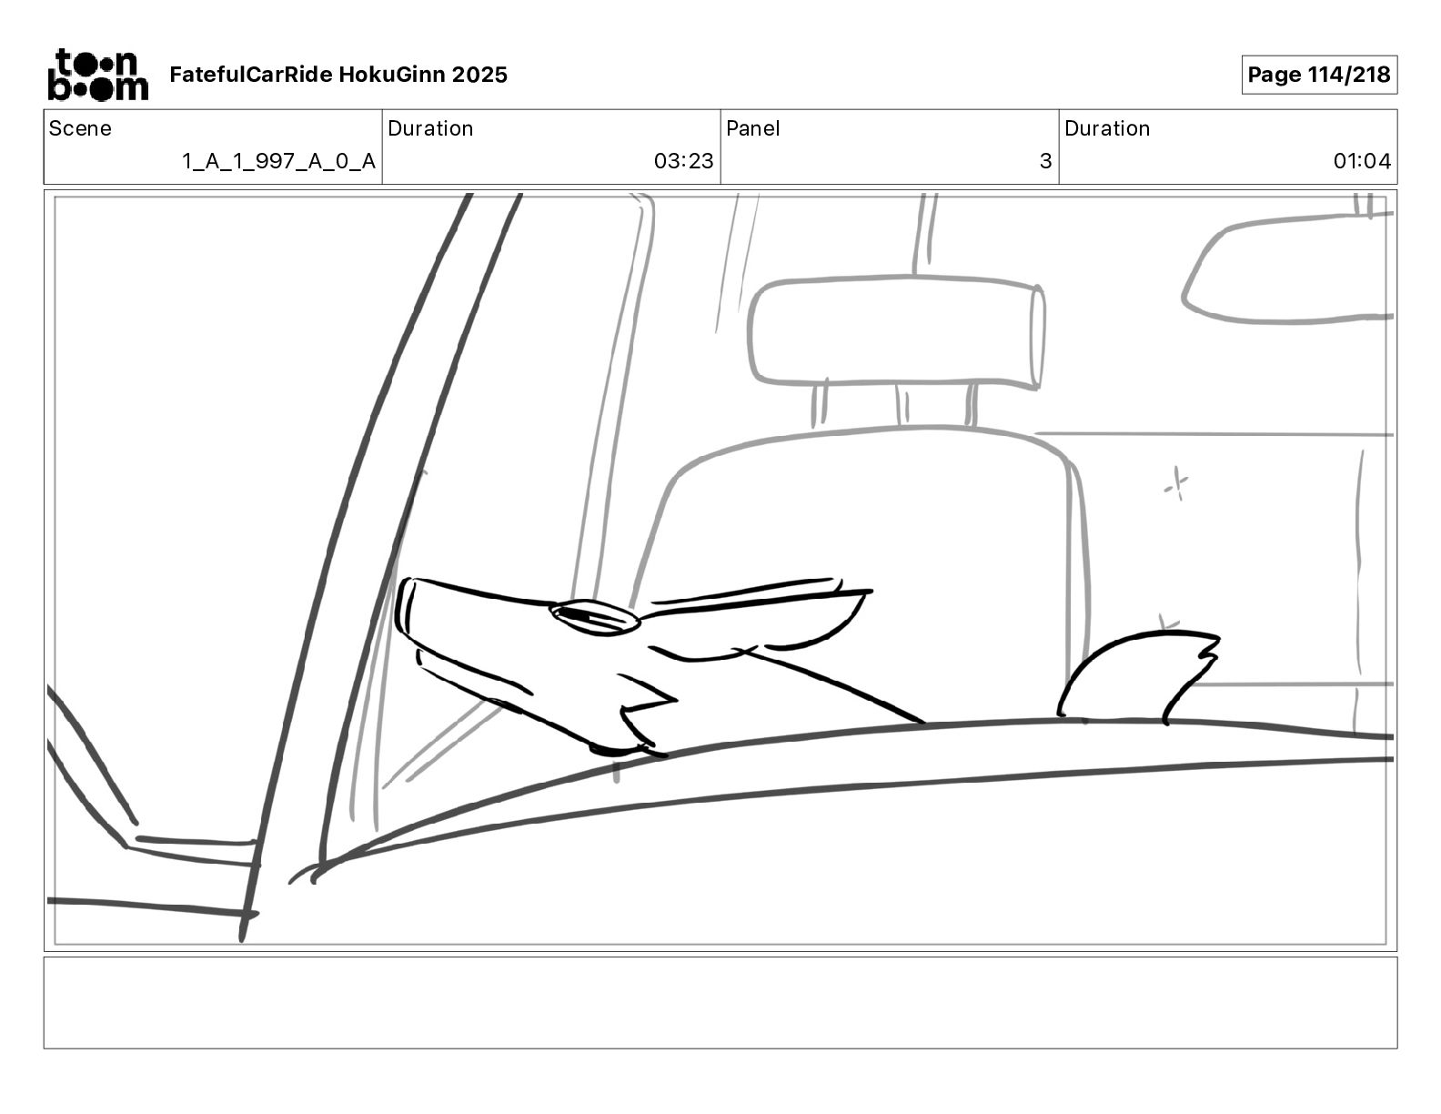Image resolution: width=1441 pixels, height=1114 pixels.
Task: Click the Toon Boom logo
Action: point(97,75)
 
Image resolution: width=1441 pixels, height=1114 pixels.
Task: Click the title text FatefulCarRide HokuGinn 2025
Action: point(338,75)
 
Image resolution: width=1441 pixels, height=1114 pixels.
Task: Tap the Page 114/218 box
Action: point(1318,75)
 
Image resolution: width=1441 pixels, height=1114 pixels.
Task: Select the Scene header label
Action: point(80,128)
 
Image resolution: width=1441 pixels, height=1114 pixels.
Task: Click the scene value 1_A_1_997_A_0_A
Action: point(278,161)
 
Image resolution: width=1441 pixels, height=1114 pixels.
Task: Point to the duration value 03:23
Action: point(683,161)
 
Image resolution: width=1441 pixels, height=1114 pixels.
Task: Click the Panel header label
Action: point(752,128)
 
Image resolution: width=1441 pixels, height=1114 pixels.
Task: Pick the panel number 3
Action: point(1045,161)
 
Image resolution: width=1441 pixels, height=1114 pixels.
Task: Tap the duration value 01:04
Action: point(1362,161)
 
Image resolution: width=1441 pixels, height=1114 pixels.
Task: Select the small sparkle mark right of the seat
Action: point(1176,484)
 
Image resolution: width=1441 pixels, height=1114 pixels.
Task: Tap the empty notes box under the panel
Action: point(720,1002)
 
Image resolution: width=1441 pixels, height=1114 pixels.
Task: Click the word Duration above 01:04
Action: point(1106,128)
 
